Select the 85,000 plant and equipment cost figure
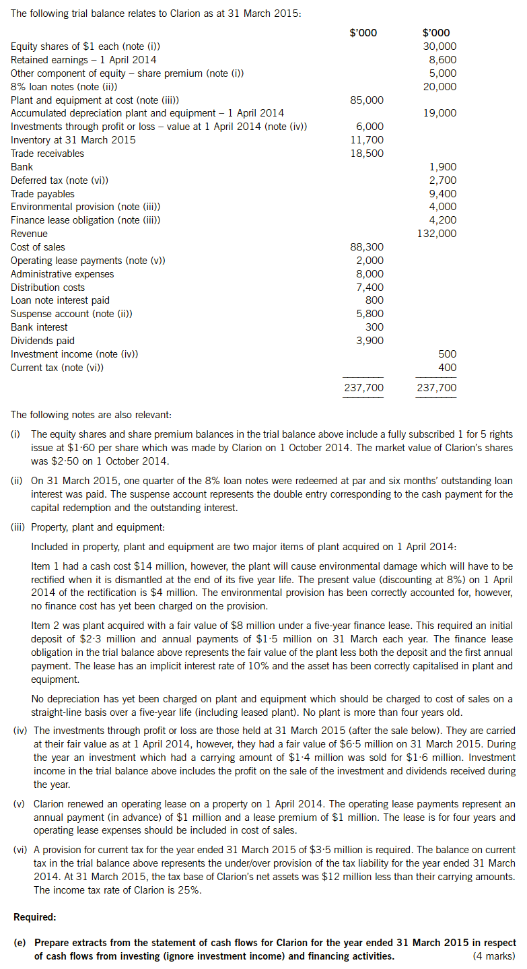pyautogui.click(x=367, y=100)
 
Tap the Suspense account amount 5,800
pyautogui.click(x=370, y=314)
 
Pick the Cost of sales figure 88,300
pyautogui.click(x=367, y=247)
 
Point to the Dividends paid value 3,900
pyautogui.click(x=370, y=341)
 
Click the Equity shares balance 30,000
pyautogui.click(x=440, y=46)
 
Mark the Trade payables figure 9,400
pyautogui.click(x=442, y=194)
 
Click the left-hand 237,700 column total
pyautogui.click(x=364, y=388)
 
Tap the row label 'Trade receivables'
pyautogui.click(x=48, y=154)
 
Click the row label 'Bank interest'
pyautogui.click(x=39, y=327)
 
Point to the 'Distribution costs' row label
pyautogui.click(x=48, y=288)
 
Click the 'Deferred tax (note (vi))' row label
pyautogui.click(x=59, y=180)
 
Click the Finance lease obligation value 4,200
pyautogui.click(x=442, y=220)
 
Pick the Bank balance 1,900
pyautogui.click(x=442, y=167)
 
